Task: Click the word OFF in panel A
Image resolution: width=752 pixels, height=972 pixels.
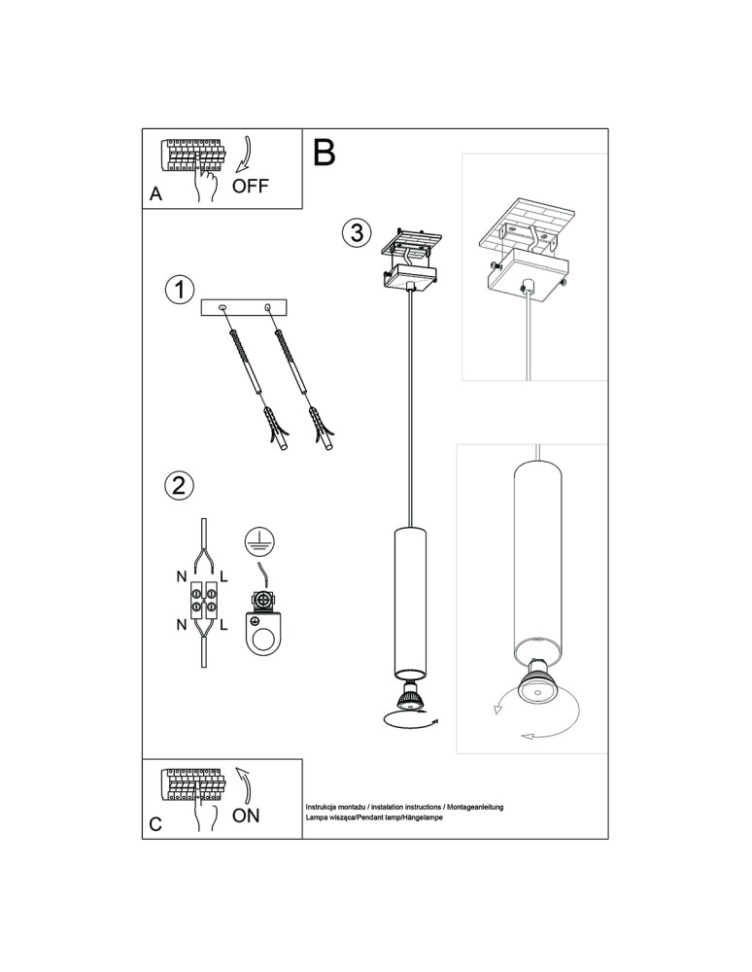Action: coord(251,186)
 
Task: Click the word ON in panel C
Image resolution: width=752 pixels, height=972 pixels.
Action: coord(246,816)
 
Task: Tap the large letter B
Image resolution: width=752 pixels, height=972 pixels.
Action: coord(324,153)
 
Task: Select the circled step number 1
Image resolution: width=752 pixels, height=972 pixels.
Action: coord(180,290)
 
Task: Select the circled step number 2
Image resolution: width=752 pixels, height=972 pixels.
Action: coord(179,485)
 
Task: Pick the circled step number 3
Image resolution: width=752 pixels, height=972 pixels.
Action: coord(357,233)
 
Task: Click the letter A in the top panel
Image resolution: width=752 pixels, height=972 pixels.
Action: coord(155,194)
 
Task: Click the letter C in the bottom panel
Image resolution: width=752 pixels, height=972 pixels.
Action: coord(155,824)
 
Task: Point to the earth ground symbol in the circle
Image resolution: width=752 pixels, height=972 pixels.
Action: coord(259,540)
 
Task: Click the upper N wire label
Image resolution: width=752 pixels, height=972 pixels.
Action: coord(182,576)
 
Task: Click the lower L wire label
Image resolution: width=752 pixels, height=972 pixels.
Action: coord(223,625)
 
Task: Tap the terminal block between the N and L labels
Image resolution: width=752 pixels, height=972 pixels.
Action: coord(203,601)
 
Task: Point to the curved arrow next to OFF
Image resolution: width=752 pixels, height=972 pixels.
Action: coord(245,154)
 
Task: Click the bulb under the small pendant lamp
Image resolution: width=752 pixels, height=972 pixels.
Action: coord(409,696)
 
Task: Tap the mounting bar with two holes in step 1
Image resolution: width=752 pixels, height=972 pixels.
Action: coord(245,308)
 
